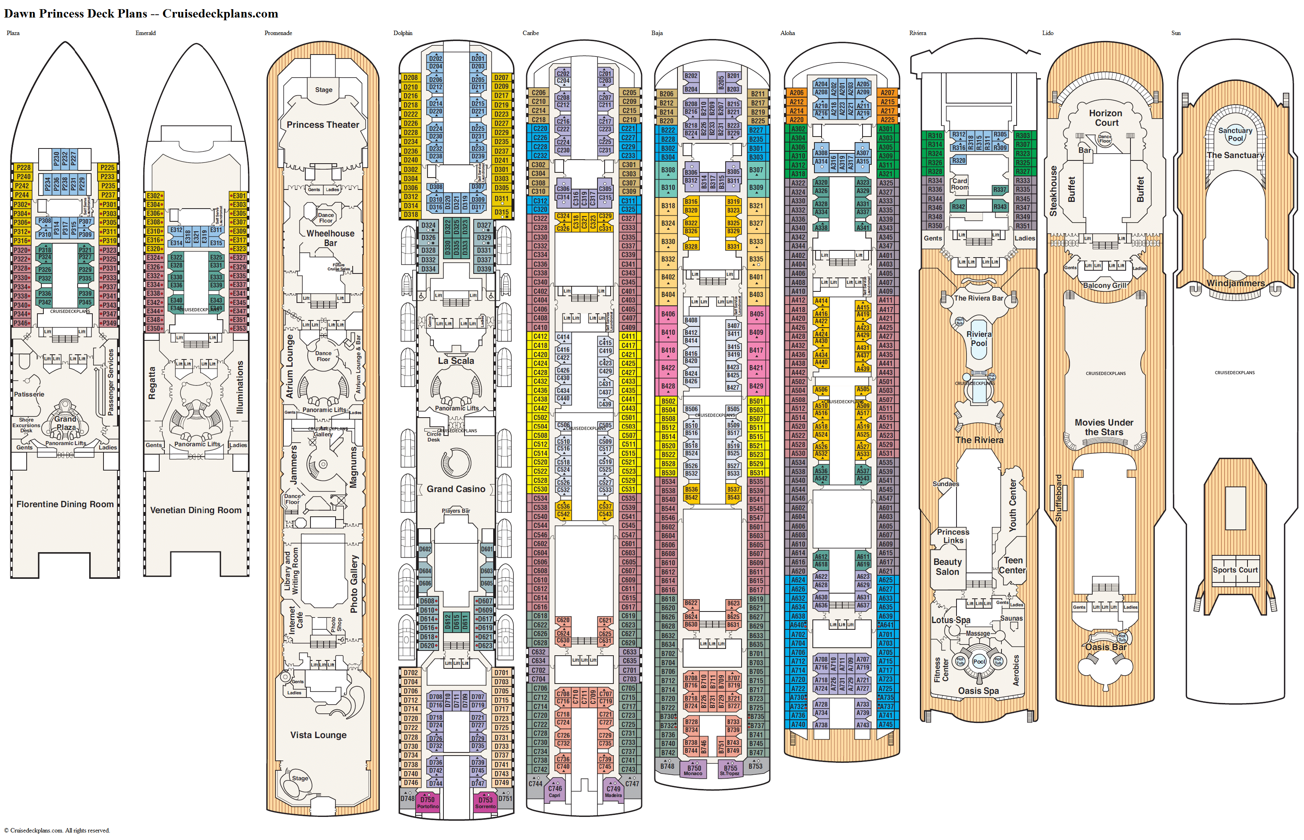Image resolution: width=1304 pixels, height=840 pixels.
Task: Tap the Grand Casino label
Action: tap(456, 489)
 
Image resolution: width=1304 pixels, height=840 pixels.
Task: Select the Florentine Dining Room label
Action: tap(65, 504)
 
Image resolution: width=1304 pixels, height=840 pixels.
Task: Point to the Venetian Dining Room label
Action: tap(196, 510)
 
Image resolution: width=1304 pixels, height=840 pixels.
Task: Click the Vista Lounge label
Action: tap(318, 735)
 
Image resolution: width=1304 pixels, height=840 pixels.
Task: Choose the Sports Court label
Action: tap(1235, 570)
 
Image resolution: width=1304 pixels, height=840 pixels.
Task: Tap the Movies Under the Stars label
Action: tap(1104, 427)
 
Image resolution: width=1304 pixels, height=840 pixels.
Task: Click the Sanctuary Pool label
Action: tap(1235, 134)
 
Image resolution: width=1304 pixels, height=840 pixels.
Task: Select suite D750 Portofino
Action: tap(428, 802)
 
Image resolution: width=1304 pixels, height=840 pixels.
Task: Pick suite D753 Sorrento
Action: tap(485, 802)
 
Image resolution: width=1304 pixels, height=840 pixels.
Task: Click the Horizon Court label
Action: tap(1105, 118)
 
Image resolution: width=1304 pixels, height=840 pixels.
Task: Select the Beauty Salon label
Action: tap(947, 567)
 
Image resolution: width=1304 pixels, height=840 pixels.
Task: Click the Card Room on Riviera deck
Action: tap(959, 184)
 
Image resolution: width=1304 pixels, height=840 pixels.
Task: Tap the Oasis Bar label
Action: tap(1105, 647)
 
